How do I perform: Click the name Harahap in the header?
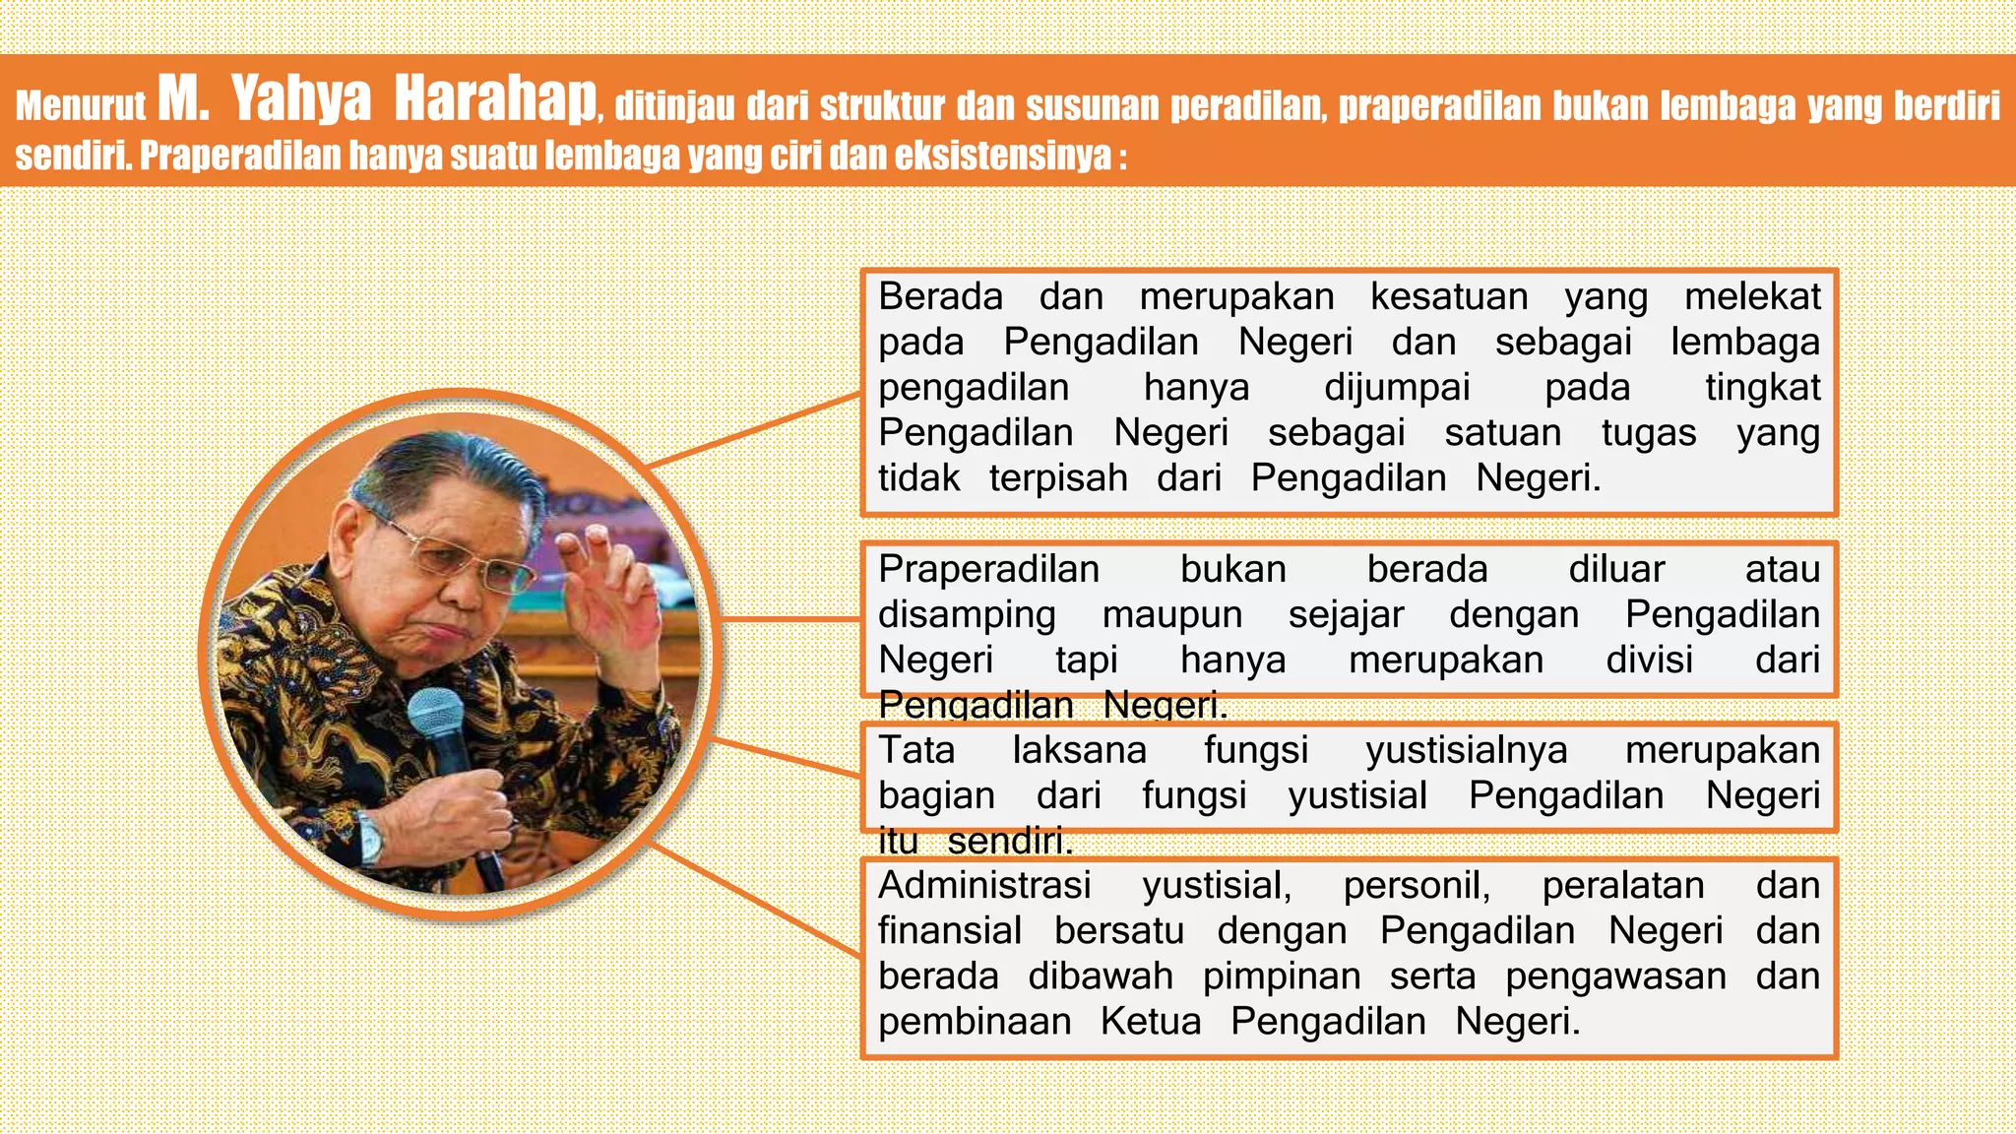[x=496, y=100]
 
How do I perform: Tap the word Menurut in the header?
[x=80, y=106]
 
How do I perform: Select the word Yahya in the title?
[x=301, y=100]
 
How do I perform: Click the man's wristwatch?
[x=371, y=837]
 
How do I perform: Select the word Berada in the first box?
[x=940, y=296]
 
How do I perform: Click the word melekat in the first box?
[x=1752, y=296]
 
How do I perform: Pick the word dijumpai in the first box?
[x=1397, y=387]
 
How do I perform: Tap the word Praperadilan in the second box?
[x=988, y=569]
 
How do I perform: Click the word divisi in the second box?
[x=1649, y=660]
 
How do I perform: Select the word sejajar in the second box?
[x=1346, y=614]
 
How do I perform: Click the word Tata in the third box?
[x=916, y=750]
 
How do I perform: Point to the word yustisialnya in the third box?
[x=1466, y=750]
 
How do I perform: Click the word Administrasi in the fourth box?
[x=984, y=885]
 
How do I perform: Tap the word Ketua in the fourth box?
[x=1151, y=1021]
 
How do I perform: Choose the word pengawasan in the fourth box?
[x=1615, y=976]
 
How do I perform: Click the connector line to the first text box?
[x=753, y=430]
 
